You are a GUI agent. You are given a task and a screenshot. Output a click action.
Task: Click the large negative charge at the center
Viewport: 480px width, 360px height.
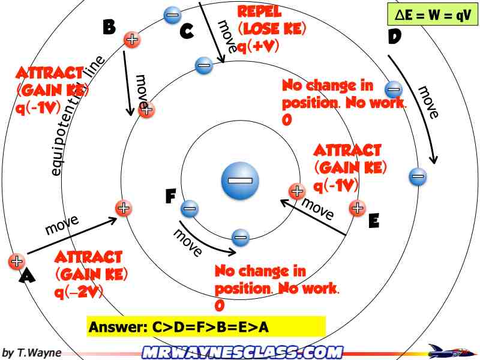[241, 180]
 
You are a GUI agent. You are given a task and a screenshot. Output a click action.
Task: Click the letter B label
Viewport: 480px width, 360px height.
[109, 27]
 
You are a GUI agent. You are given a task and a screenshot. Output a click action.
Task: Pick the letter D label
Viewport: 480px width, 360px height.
[394, 37]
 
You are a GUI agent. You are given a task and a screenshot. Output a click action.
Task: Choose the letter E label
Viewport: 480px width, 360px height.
[373, 221]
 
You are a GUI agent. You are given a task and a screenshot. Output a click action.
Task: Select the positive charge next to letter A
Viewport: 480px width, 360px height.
[16, 261]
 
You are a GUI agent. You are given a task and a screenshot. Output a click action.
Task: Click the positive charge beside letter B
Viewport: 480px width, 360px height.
[132, 40]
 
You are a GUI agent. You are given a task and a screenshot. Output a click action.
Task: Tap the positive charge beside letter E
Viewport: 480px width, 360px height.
[357, 208]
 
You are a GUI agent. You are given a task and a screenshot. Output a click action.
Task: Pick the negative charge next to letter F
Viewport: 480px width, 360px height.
[189, 208]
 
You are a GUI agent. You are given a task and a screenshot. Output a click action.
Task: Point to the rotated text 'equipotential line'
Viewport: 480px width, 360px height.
[76, 117]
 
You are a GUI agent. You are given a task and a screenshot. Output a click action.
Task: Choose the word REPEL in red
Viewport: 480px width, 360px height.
[259, 11]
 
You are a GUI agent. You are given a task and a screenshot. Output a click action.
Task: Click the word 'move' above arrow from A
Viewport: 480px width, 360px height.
[61, 225]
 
